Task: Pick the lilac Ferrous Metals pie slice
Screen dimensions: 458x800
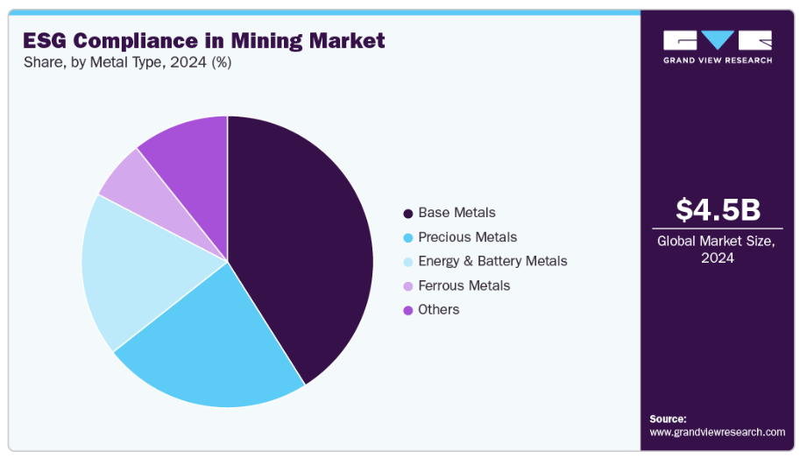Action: pos(126,175)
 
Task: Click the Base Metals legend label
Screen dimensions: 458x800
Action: pos(457,213)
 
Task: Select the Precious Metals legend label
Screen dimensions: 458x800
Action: pos(467,237)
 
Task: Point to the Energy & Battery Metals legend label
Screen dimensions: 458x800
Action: pos(492,261)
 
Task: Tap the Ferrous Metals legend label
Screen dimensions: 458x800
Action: pos(464,285)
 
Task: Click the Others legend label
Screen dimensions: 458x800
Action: pos(438,310)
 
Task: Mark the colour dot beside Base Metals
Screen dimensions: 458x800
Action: pos(407,214)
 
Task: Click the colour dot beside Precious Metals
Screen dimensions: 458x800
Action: pos(407,238)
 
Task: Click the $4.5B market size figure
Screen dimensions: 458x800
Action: pos(718,210)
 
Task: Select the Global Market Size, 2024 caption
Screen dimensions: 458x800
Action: pos(717,250)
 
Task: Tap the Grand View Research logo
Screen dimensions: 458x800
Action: pos(718,46)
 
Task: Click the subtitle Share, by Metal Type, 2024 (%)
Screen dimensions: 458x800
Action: pos(128,62)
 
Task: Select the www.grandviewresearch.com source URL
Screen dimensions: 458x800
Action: pos(717,432)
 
